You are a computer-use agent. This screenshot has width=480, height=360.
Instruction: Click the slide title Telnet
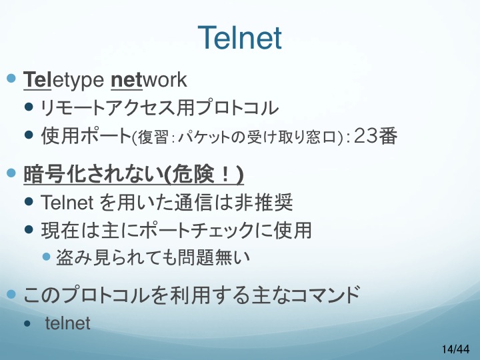click(240, 37)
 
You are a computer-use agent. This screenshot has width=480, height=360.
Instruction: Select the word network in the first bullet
click(149, 80)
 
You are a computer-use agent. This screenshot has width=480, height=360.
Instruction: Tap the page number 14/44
click(455, 349)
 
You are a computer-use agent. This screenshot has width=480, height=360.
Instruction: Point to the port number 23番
click(375, 135)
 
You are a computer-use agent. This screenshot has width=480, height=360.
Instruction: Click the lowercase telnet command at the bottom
click(67, 323)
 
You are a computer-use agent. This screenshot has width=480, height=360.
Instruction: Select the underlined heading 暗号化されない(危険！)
click(133, 175)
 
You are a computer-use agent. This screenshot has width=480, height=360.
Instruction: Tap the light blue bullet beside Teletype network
click(11, 79)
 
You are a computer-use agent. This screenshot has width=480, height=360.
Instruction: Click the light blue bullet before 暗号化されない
click(11, 173)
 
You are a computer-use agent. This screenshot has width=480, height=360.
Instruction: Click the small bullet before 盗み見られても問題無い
click(46, 256)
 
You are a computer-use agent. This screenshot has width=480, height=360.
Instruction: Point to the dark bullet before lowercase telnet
click(27, 323)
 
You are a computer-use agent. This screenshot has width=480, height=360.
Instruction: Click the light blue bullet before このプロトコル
click(11, 294)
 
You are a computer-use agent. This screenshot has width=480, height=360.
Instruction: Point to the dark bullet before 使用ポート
click(29, 135)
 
